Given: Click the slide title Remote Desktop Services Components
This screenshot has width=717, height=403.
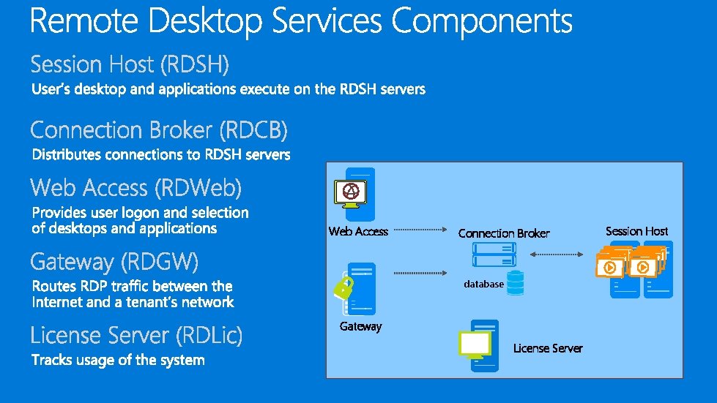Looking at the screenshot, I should coord(301,22).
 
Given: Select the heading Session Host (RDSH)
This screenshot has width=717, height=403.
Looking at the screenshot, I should coord(130,65).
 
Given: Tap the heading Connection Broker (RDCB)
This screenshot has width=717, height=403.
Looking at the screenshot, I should coord(159,131).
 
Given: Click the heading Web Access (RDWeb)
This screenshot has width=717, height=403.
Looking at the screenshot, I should coord(136,189).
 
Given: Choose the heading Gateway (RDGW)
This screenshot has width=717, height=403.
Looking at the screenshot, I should coord(114,262).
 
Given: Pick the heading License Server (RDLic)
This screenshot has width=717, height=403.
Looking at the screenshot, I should coord(136,336).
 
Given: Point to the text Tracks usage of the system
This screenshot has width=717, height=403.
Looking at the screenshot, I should coord(118,360).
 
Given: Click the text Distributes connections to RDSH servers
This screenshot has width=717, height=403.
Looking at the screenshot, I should coord(161,155).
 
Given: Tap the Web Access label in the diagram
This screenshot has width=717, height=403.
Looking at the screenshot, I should coord(358,231).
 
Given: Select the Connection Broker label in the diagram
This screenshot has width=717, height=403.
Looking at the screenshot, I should coord(504,233).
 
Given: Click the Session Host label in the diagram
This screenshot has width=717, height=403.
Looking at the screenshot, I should coord(636,231).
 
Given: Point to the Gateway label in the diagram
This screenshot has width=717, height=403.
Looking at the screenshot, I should coord(360,326).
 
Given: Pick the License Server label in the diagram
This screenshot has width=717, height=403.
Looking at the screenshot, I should coord(548,348).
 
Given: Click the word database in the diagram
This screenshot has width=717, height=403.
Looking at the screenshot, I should coord(483,284).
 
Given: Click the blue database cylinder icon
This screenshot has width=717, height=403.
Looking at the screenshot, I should coord(516,282).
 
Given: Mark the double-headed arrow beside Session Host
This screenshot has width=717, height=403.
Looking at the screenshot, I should coord(557,255).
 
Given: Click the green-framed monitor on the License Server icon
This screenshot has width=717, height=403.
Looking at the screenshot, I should coord(474,344).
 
